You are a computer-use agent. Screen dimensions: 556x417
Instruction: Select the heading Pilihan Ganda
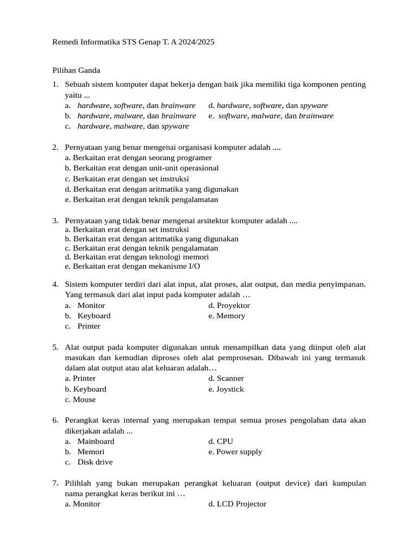(77, 70)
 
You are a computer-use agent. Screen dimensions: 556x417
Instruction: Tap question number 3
(55, 221)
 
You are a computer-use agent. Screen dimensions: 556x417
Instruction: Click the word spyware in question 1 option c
(175, 127)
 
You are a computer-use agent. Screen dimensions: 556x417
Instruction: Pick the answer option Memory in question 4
(231, 316)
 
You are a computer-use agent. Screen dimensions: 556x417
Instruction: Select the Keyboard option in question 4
(94, 316)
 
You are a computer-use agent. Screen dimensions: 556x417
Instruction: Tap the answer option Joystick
(230, 389)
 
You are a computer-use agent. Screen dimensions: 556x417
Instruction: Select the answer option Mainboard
(96, 441)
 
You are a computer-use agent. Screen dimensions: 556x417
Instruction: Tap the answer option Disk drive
(95, 462)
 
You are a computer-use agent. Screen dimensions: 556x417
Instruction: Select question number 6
(55, 421)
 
